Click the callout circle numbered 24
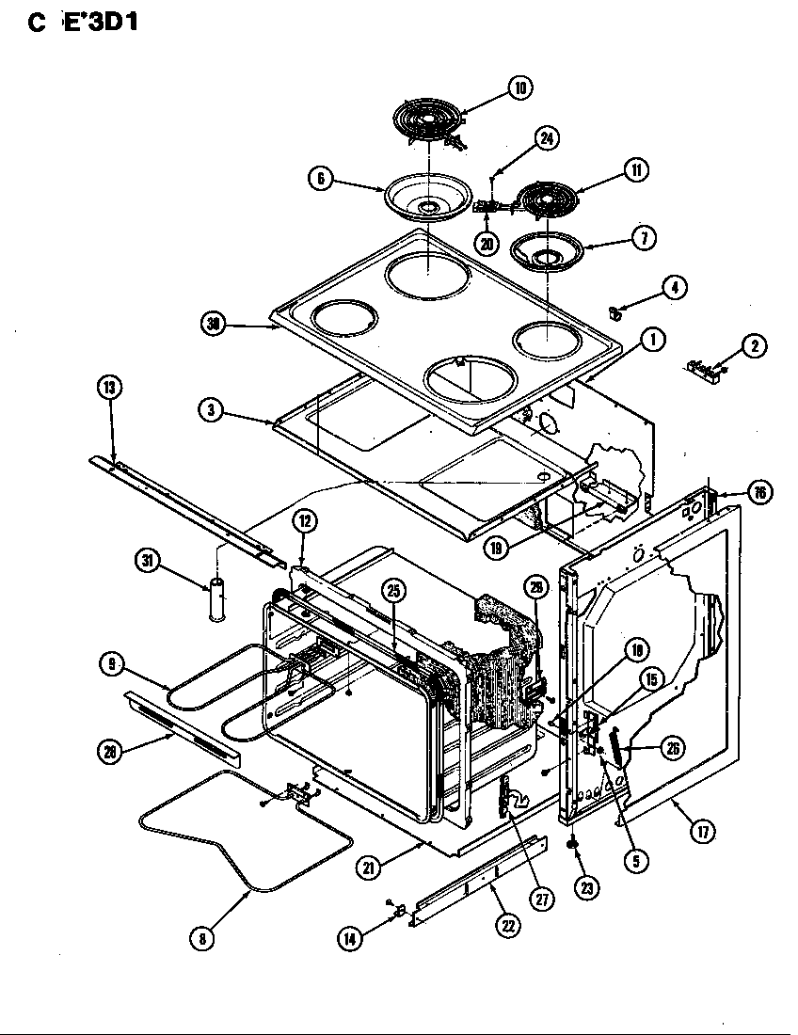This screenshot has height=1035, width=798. [547, 138]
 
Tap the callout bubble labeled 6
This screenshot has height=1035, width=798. [321, 178]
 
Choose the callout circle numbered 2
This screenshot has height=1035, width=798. [753, 345]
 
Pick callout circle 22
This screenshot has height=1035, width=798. [507, 925]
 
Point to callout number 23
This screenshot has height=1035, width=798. [587, 886]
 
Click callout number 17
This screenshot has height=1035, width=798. [702, 832]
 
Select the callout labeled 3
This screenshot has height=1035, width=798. [212, 410]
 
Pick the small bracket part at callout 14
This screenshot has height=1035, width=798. [399, 910]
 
